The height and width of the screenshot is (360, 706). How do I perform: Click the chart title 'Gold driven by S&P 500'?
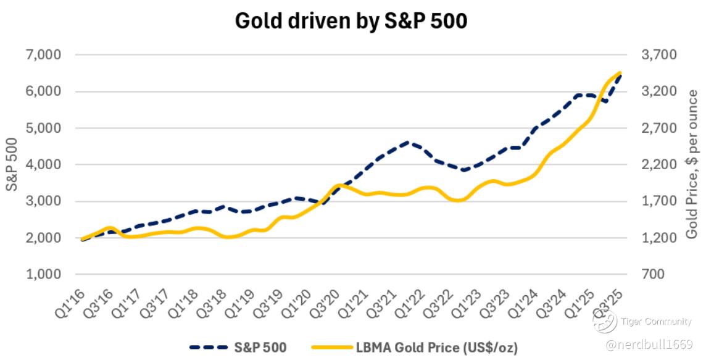(x=351, y=22)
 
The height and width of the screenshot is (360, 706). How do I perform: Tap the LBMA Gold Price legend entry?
(x=407, y=348)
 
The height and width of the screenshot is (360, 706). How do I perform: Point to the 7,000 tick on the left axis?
(x=44, y=55)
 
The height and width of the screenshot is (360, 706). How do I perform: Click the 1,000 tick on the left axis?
(x=44, y=274)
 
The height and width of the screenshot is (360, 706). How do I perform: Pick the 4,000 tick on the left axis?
(x=44, y=164)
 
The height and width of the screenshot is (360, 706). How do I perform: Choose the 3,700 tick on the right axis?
(x=659, y=55)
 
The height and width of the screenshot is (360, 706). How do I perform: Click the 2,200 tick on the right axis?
(x=659, y=164)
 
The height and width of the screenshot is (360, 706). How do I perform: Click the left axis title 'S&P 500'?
(x=12, y=164)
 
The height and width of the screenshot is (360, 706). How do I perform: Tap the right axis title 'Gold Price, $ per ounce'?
(x=692, y=164)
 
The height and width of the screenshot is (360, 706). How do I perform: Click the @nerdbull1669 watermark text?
(x=654, y=343)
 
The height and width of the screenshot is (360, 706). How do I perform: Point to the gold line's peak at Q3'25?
(x=619, y=73)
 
